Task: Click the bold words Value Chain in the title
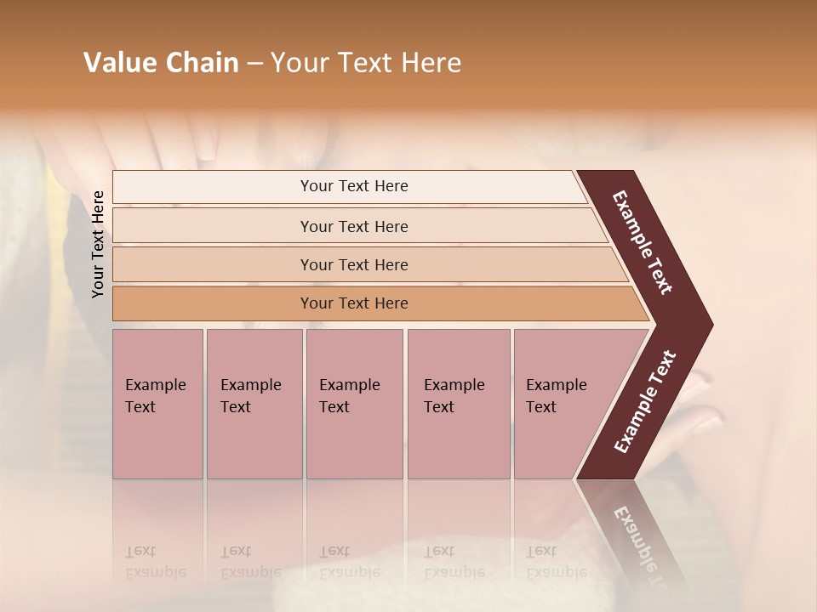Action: (161, 63)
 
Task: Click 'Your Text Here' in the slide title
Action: (366, 63)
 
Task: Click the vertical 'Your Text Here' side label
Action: (98, 244)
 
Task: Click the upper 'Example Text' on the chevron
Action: (643, 242)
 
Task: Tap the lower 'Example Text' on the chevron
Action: (645, 401)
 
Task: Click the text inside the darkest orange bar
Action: (354, 303)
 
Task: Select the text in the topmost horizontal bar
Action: (354, 186)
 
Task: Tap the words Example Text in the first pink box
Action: (155, 395)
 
